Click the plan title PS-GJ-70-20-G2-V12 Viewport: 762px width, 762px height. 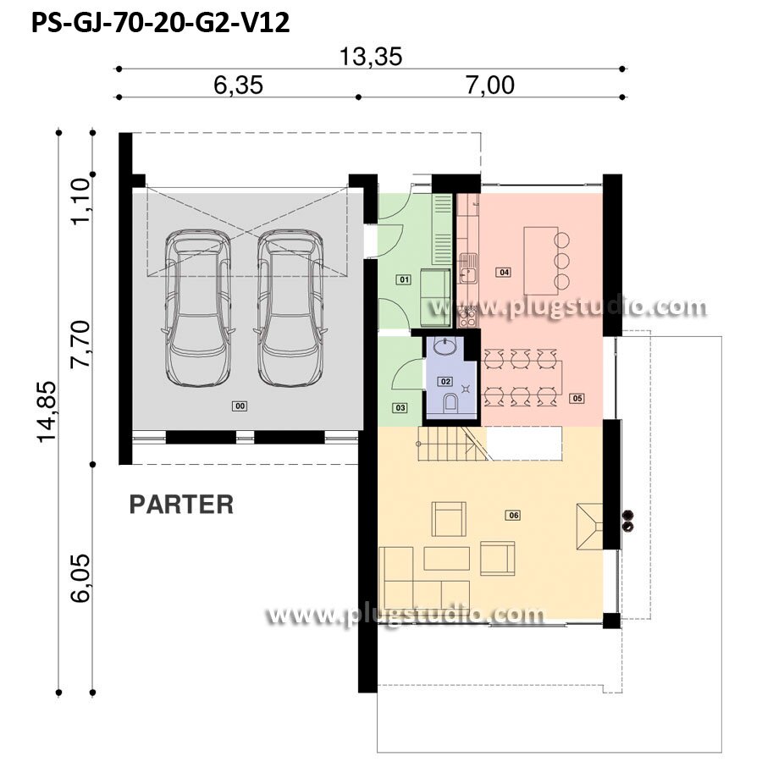click(160, 22)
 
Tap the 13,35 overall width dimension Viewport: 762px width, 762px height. click(371, 57)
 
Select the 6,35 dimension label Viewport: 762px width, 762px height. click(238, 85)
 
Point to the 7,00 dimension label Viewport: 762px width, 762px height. click(490, 85)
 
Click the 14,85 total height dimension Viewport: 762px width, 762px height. click(47, 411)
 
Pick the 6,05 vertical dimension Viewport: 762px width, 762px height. click(80, 578)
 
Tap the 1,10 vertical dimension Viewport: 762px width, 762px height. click(80, 202)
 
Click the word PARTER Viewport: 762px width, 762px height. click(181, 505)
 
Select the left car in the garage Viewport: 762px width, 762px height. click(198, 308)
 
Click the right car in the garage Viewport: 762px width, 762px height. click(290, 308)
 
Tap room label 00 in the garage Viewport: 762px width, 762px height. click(240, 406)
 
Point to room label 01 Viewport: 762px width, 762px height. click(404, 279)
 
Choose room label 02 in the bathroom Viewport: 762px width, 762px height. click(445, 382)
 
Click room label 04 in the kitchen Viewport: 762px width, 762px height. click(504, 272)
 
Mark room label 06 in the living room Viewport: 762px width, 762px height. click(514, 515)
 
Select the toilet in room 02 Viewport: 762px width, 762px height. click(450, 403)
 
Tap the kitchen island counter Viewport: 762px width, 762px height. click(540, 261)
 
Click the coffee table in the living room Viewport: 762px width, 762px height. click(446, 559)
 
